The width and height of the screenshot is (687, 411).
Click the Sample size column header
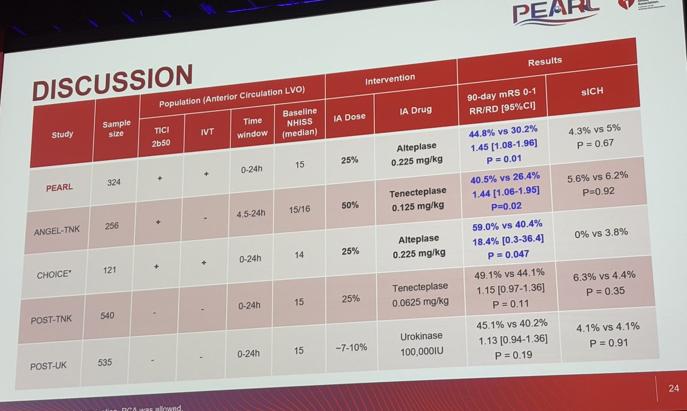click(x=116, y=128)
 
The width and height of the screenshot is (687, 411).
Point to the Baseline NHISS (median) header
click(x=299, y=120)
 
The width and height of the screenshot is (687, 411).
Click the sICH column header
click(x=590, y=92)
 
